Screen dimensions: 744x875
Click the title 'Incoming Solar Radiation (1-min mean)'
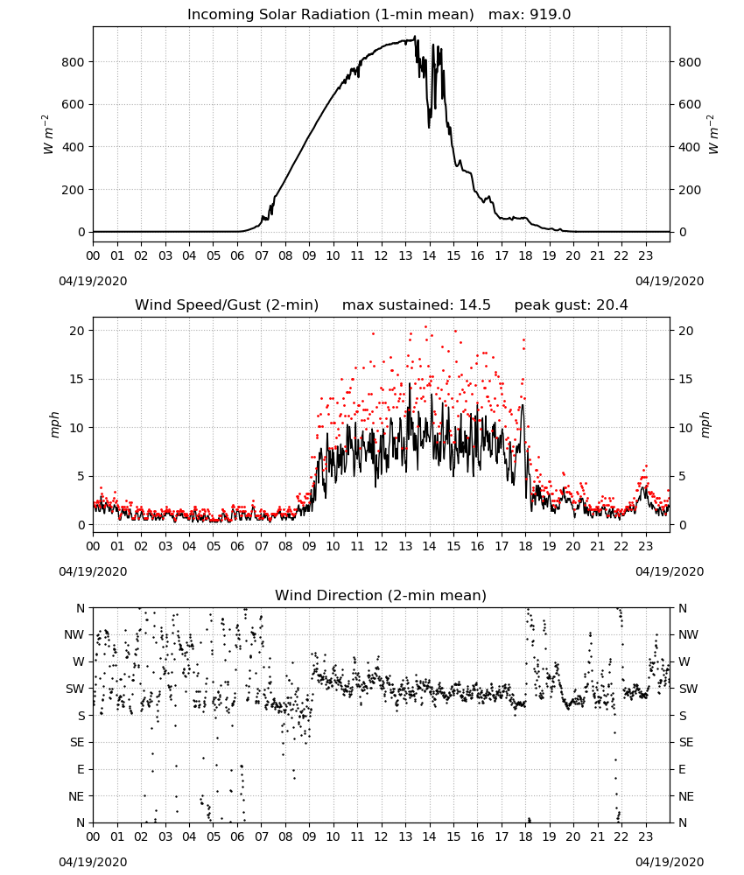(330, 15)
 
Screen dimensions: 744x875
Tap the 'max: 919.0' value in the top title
(530, 15)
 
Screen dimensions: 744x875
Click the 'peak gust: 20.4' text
(571, 305)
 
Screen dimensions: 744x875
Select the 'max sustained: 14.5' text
(417, 305)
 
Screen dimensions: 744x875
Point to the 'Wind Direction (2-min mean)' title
(381, 595)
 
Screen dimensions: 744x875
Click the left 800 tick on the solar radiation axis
(73, 62)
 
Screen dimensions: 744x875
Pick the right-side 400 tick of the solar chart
(690, 147)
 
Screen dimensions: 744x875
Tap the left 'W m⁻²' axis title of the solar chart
(47, 134)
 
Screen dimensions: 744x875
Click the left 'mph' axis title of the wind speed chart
(54, 425)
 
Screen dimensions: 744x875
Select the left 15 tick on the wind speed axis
(77, 380)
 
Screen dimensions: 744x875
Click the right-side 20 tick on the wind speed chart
(686, 331)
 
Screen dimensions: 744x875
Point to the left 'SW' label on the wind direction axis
(74, 689)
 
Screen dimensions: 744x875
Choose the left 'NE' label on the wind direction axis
(76, 797)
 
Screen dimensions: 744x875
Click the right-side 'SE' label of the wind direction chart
(686, 743)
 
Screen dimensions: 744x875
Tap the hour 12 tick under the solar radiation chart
(382, 256)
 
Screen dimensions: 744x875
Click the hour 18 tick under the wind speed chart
(525, 546)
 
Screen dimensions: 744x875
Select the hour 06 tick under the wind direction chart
(237, 836)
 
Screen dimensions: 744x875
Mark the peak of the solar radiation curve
(415, 37)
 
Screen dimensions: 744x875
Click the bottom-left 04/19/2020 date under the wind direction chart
(93, 862)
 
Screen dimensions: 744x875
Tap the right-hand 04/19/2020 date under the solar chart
(670, 281)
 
